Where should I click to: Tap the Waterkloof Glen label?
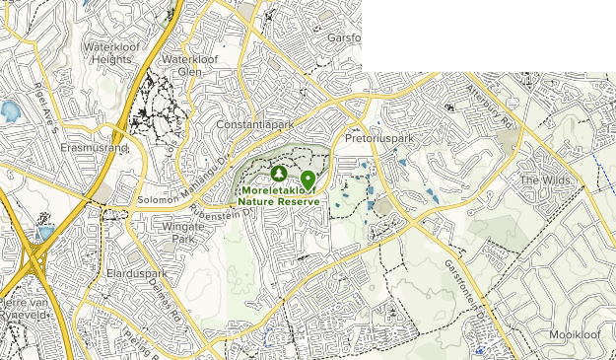pyautogui.click(x=187, y=65)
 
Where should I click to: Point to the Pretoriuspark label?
pyautogui.click(x=379, y=139)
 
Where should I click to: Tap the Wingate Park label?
pyautogui.click(x=180, y=232)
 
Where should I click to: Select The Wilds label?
pyautogui.click(x=544, y=180)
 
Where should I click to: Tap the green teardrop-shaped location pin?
pyautogui.click(x=308, y=179)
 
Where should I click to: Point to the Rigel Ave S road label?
pyautogui.click(x=43, y=101)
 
